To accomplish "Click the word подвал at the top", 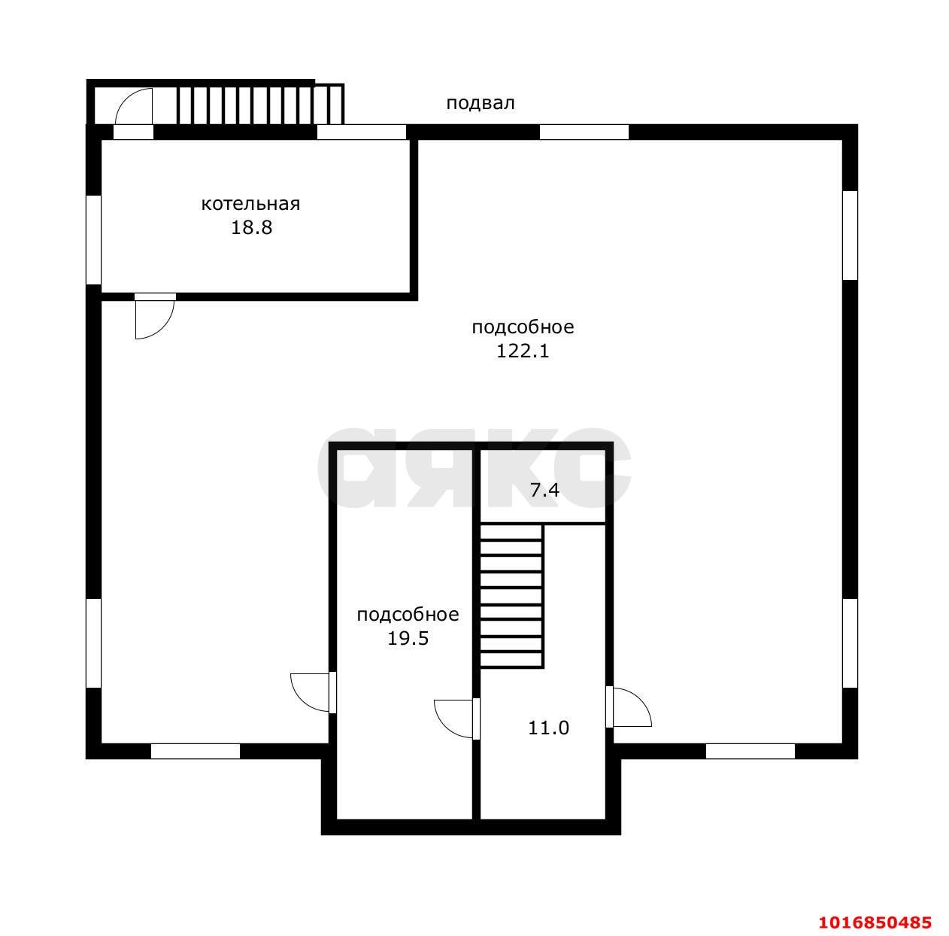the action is (x=481, y=104).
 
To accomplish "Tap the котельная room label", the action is (x=250, y=204).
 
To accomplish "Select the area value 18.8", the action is (x=252, y=228).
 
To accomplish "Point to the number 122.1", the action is (x=522, y=351).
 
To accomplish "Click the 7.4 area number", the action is (x=544, y=490).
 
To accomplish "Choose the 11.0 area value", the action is (x=549, y=728).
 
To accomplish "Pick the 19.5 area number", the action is (x=408, y=638).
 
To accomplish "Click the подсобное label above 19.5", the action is (x=408, y=615).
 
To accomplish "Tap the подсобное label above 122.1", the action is (x=523, y=327).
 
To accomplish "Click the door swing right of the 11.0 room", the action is (x=629, y=707).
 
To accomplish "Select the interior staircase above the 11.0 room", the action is (x=511, y=597).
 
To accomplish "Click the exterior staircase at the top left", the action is (x=260, y=105).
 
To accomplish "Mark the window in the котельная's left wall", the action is (x=93, y=240).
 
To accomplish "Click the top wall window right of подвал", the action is (x=584, y=132).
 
